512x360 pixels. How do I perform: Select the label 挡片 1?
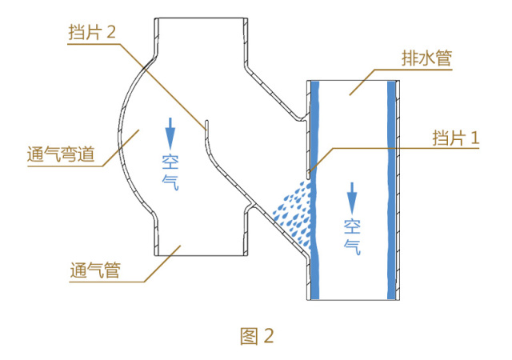point(453,137)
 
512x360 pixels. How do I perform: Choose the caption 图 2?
point(257,336)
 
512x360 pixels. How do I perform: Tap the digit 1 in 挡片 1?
point(474,137)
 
